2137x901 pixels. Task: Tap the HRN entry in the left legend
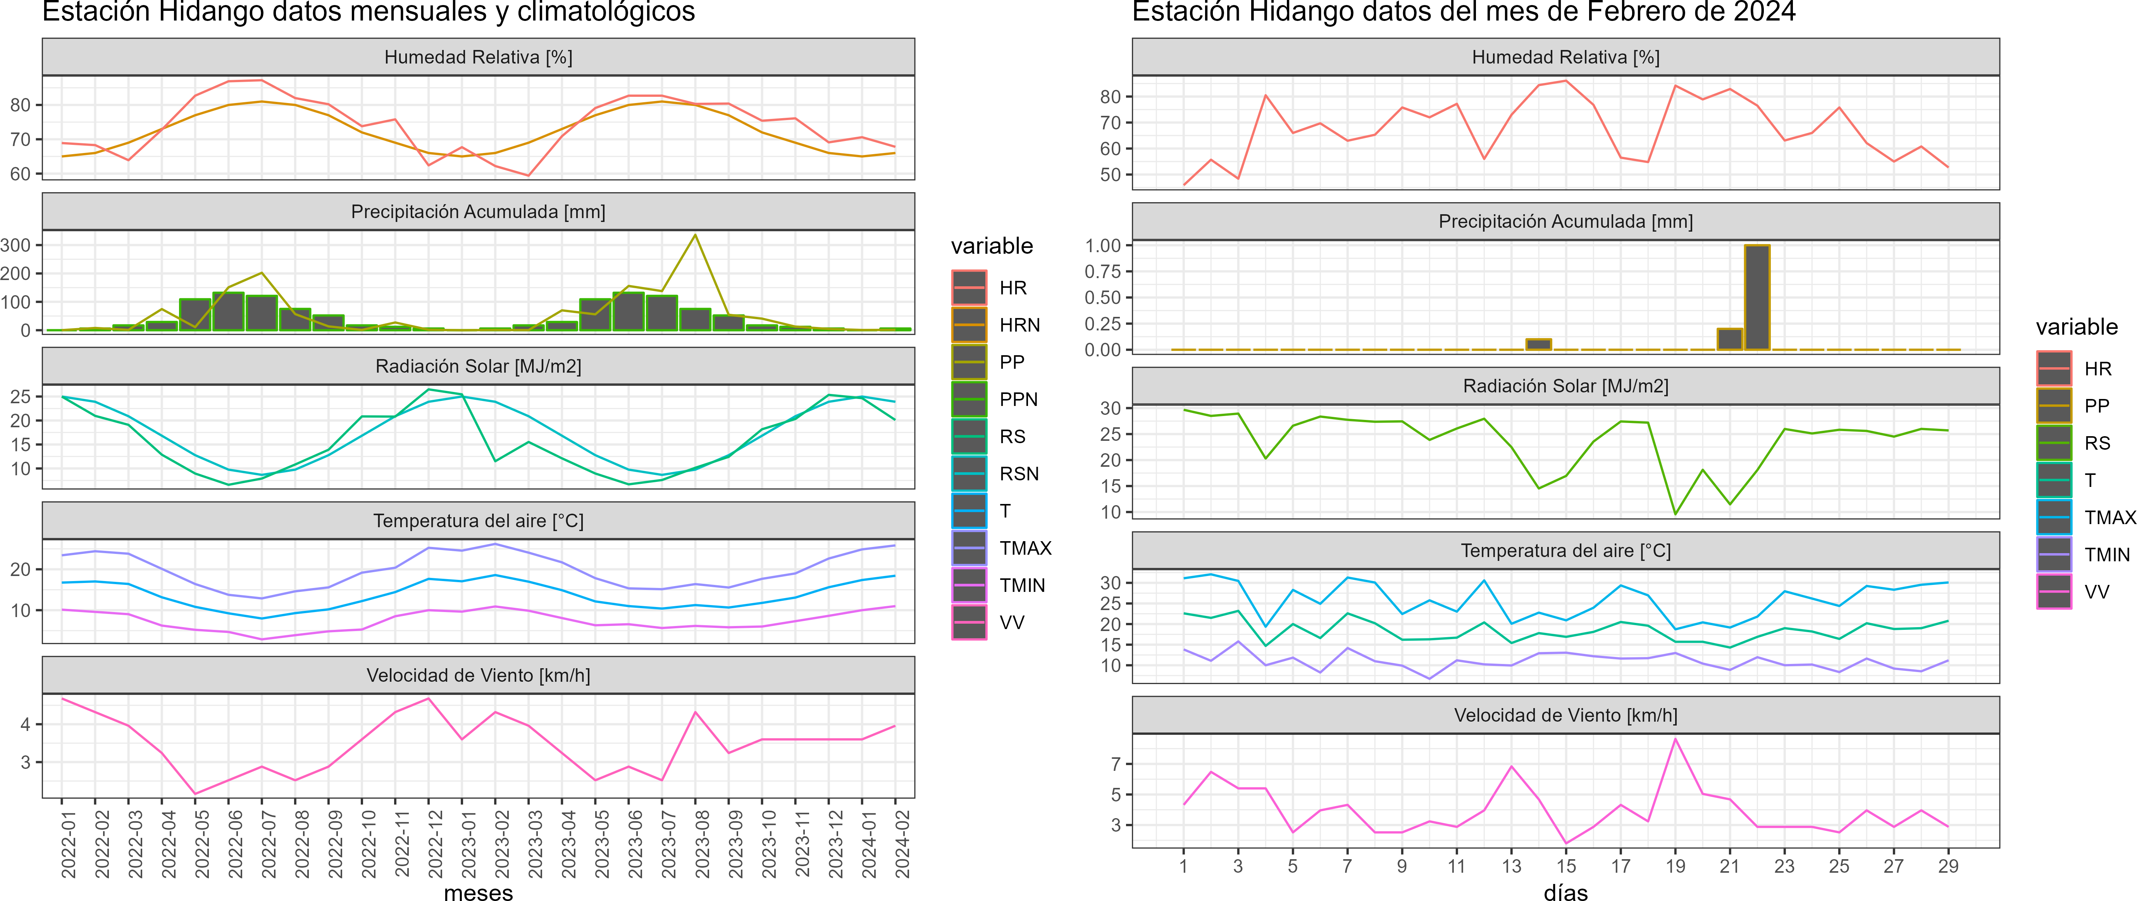pos(1019,325)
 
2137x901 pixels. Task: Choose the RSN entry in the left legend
pos(1019,474)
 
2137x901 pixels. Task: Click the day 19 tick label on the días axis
pos(1675,866)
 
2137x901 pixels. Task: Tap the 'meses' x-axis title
pos(479,893)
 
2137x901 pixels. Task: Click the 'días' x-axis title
pos(1565,893)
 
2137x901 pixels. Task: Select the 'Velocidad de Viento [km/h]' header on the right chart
pos(1565,715)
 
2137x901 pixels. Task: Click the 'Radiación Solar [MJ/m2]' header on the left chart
pos(479,366)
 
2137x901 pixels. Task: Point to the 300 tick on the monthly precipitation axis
pos(16,245)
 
